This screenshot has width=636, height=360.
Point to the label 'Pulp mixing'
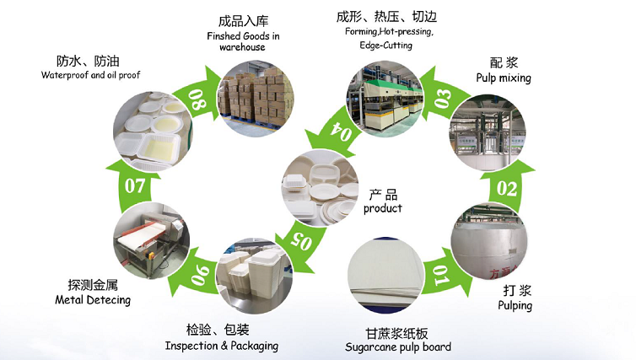(503, 78)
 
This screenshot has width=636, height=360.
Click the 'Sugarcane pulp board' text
(398, 347)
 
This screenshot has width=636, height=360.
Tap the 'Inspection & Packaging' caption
(221, 346)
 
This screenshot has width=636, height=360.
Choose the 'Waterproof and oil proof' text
(91, 75)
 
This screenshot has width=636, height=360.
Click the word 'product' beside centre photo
(383, 208)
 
